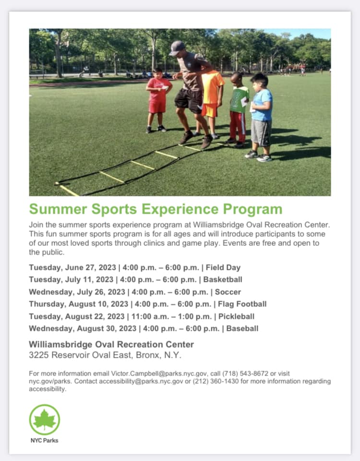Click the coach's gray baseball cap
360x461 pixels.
(x=177, y=48)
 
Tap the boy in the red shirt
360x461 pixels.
(x=158, y=100)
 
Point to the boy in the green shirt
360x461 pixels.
(x=239, y=109)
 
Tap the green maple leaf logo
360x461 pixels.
(x=45, y=420)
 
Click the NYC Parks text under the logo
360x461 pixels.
(x=44, y=440)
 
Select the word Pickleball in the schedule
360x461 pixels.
(x=236, y=316)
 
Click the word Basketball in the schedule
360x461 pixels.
(x=223, y=279)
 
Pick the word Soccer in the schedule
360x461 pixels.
(x=228, y=292)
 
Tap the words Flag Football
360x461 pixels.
(x=242, y=304)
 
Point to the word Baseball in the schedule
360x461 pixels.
(x=242, y=328)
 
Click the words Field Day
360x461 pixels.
(x=223, y=267)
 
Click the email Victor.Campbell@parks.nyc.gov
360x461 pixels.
(x=159, y=374)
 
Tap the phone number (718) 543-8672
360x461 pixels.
(x=245, y=374)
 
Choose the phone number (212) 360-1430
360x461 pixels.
(x=216, y=381)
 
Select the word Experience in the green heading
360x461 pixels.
(x=180, y=209)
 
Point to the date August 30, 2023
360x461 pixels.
(x=107, y=328)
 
